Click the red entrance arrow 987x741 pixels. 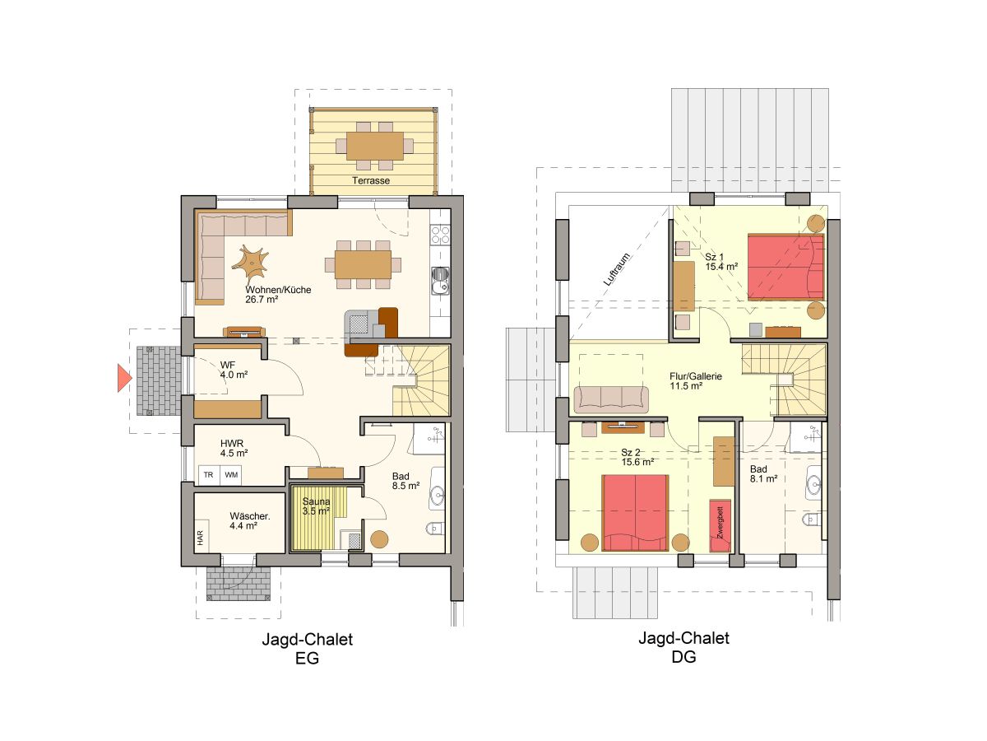point(123,378)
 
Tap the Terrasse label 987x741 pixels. point(371,180)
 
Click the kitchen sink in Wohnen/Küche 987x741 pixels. point(440,280)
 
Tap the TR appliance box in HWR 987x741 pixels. point(209,475)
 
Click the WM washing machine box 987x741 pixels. point(232,475)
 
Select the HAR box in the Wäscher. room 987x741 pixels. point(200,538)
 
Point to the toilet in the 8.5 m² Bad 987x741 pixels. point(434,528)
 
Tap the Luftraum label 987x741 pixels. point(616,268)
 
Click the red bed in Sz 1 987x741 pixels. point(785,266)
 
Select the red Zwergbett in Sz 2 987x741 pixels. point(721,524)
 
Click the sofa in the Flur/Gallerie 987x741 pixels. point(611,398)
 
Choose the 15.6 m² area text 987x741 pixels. point(637,463)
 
